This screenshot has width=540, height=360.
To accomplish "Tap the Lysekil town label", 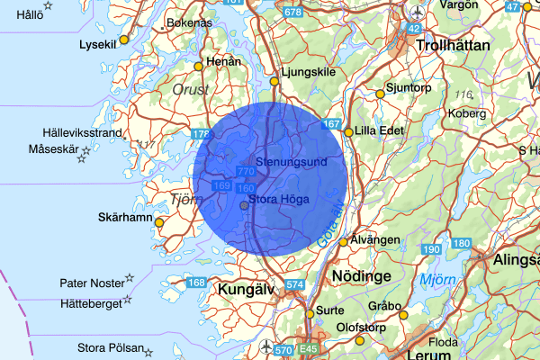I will (98, 43).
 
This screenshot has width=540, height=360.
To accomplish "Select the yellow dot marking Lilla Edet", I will (348, 132).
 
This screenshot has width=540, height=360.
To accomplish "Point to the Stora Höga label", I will (279, 199).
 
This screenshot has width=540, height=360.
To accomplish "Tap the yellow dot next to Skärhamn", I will (159, 222).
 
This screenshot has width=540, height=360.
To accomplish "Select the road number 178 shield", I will (201, 135).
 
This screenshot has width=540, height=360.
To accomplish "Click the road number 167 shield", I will (332, 124).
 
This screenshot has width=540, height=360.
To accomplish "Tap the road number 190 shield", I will (432, 249).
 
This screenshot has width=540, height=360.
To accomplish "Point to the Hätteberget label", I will (90, 303).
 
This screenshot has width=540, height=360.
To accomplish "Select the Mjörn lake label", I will (437, 280).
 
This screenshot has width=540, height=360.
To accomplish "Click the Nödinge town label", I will (361, 274).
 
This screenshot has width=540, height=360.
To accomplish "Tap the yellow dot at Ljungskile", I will (275, 82).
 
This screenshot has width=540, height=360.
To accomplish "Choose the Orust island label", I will (190, 89).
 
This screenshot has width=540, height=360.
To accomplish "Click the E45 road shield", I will (310, 349).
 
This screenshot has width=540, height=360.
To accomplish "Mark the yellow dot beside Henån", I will (198, 66).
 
